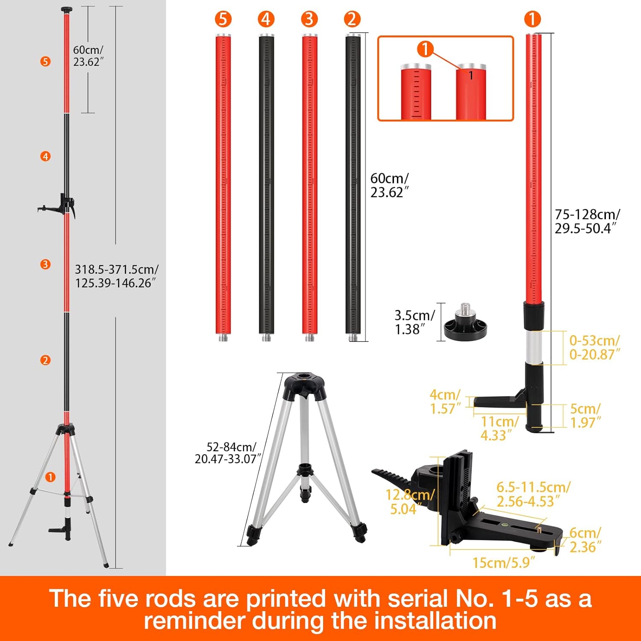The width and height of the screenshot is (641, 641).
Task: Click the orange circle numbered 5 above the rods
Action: (x=223, y=19)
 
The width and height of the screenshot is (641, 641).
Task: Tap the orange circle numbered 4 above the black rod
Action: (x=266, y=19)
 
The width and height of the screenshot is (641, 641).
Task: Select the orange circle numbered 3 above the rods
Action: (x=309, y=19)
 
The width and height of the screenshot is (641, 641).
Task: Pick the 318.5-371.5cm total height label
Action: (x=116, y=276)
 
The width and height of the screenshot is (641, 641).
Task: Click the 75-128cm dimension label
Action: (x=587, y=221)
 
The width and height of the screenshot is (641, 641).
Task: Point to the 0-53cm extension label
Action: (x=594, y=347)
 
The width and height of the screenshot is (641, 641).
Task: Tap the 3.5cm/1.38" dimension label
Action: (x=414, y=322)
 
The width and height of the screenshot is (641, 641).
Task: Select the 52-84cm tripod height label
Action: (x=226, y=453)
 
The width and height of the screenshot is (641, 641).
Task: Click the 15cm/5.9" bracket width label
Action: (x=503, y=562)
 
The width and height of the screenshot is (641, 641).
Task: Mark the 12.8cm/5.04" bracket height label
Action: (x=410, y=502)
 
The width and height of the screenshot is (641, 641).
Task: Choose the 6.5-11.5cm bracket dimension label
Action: (x=533, y=494)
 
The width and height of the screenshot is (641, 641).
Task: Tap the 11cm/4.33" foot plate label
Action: (x=499, y=428)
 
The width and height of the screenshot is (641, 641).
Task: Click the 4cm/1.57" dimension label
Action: (x=445, y=402)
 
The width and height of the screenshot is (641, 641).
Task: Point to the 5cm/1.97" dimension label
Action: (x=585, y=415)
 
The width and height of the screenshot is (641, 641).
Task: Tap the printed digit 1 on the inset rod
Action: (x=471, y=76)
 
